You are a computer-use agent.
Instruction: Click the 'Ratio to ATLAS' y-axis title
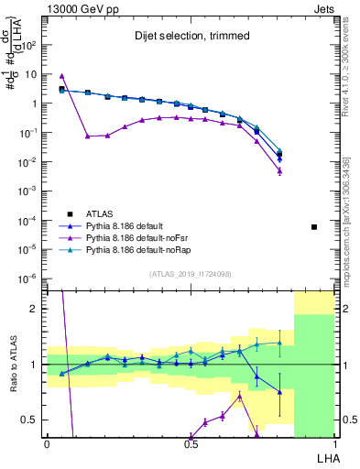click(x=13, y=364)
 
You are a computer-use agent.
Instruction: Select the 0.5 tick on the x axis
click(x=191, y=444)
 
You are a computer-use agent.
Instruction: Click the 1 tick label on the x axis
click(x=335, y=444)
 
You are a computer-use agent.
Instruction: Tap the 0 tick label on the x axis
click(x=47, y=444)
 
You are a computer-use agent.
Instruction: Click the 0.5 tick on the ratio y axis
click(x=32, y=420)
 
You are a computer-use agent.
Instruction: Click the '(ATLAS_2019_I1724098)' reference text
click(x=191, y=274)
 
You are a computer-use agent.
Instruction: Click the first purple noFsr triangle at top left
click(x=61, y=76)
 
